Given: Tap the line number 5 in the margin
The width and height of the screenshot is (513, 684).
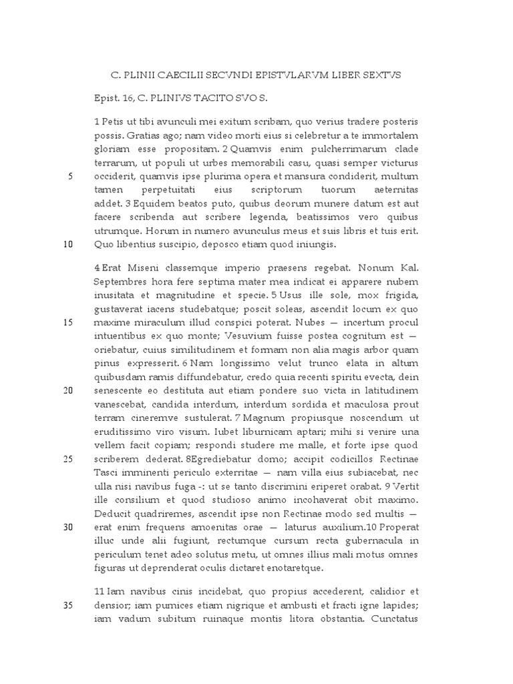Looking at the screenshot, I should coord(70,176).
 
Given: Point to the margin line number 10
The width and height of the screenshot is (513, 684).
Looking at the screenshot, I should coord(68,244).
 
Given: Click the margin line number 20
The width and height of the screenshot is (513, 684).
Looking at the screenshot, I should coord(68,391).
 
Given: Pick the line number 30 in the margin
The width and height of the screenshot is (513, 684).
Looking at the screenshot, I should coord(68,527).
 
